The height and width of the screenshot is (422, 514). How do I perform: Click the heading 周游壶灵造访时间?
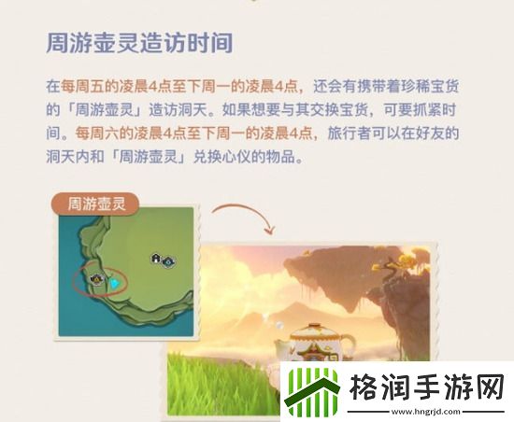tap(139, 44)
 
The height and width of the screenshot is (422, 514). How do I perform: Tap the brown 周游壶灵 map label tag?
tap(101, 201)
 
